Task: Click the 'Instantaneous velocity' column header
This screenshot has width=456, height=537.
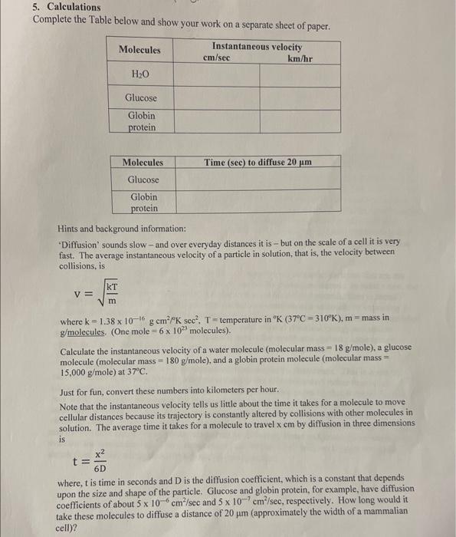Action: click(257, 47)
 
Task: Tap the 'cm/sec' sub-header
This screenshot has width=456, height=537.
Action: click(217, 58)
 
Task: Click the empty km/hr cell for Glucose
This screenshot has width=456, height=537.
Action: click(300, 98)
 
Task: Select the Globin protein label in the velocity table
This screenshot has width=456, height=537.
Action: click(142, 121)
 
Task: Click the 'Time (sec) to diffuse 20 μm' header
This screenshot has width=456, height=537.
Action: click(259, 163)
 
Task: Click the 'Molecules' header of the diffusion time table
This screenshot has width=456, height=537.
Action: click(143, 163)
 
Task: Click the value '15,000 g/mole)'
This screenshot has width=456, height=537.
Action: click(92, 372)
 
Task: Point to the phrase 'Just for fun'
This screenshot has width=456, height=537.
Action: click(82, 389)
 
